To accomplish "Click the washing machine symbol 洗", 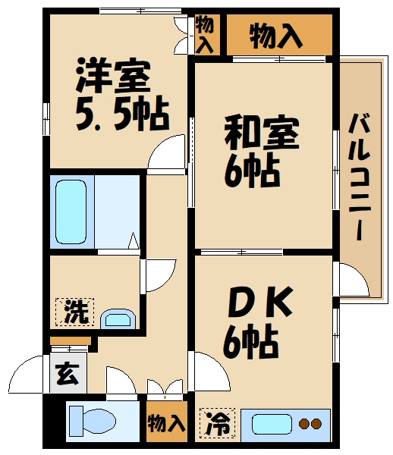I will [74, 311].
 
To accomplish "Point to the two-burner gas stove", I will [311, 424].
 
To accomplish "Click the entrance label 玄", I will [67, 372].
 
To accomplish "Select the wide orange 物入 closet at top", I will [277, 34].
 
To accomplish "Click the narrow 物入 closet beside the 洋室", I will [205, 34].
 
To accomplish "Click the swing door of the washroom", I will [159, 274].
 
